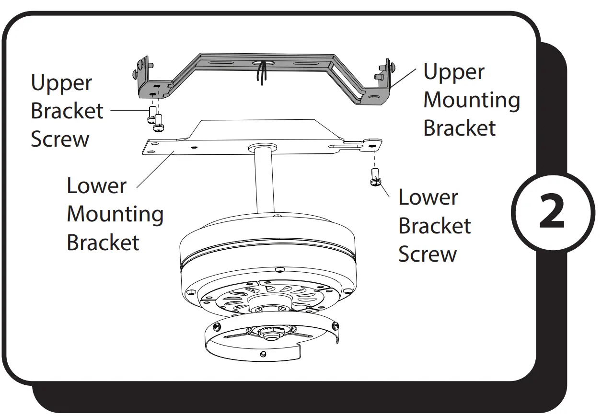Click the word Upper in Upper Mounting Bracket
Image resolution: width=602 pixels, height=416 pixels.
(x=453, y=72)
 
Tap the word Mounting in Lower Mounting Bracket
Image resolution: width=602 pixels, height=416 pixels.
(x=115, y=214)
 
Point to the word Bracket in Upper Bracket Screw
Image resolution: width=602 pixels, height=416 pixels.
(x=67, y=111)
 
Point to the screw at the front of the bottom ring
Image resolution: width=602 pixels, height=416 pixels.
(x=262, y=354)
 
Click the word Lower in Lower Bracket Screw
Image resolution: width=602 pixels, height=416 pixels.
(x=428, y=197)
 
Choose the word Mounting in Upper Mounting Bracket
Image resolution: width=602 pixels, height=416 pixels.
(x=472, y=100)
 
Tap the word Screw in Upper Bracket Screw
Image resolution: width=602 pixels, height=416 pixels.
(x=60, y=139)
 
